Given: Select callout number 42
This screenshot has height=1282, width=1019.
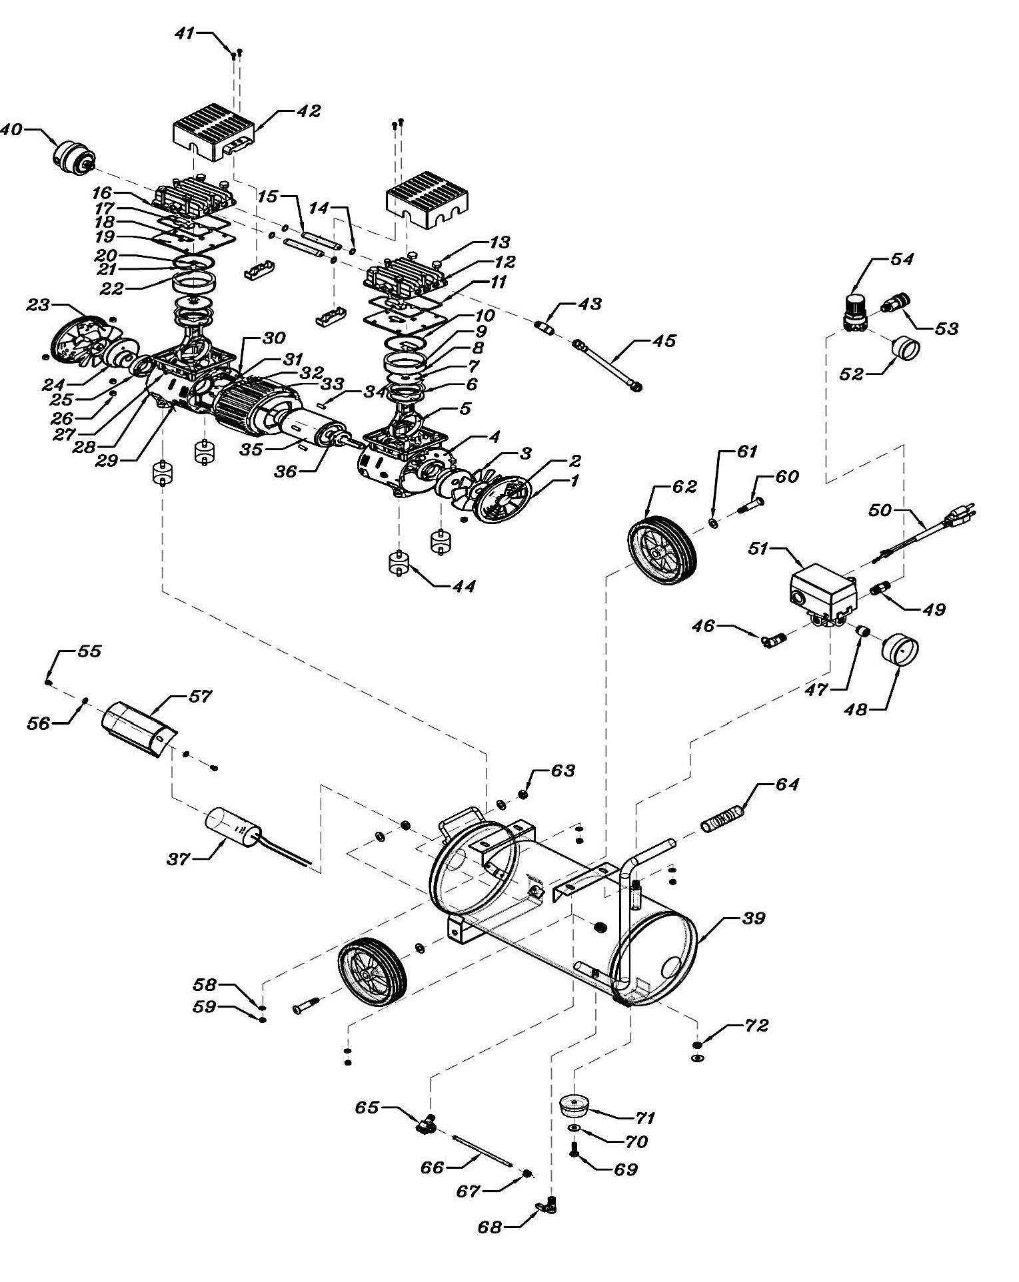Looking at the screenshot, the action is point(309,111).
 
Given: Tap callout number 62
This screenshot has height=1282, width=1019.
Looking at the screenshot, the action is point(684,486).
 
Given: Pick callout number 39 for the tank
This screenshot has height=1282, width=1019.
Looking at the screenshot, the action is point(754,919).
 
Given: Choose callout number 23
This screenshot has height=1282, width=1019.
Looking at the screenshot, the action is point(38,306).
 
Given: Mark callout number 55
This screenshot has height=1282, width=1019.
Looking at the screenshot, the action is point(89,651).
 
